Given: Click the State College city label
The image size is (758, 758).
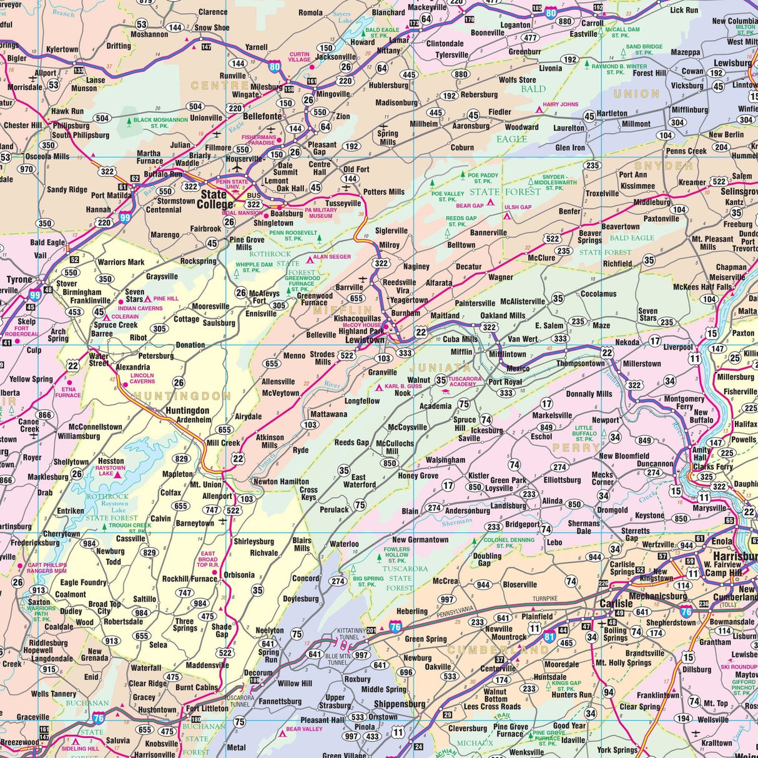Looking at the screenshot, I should (215, 200).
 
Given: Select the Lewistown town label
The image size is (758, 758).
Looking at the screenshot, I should (364, 340).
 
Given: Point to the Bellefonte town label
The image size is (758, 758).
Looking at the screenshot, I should (262, 116).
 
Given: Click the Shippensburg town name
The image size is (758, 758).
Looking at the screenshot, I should (400, 704).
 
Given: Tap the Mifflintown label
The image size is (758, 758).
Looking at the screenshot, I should (508, 354).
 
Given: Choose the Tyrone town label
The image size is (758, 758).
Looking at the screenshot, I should (19, 280).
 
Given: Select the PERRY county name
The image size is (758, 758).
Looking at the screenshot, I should (576, 448).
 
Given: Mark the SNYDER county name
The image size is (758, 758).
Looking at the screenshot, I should (663, 166).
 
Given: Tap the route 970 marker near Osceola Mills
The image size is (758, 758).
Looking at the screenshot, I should (26, 169).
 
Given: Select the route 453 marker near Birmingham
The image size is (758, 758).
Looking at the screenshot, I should (76, 312).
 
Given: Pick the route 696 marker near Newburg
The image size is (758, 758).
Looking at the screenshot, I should (406, 672).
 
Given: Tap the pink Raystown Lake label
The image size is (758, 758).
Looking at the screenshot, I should (112, 470).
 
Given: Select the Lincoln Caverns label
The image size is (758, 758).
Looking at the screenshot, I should (142, 379).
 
